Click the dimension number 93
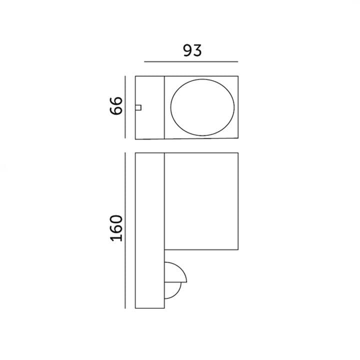point(192,50)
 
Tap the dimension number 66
point(116,105)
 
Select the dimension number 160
point(116,228)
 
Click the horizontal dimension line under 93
point(191,61)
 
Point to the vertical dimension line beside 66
point(125,107)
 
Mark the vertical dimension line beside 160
point(125,230)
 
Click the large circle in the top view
point(202,79)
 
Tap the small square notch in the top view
point(138,107)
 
